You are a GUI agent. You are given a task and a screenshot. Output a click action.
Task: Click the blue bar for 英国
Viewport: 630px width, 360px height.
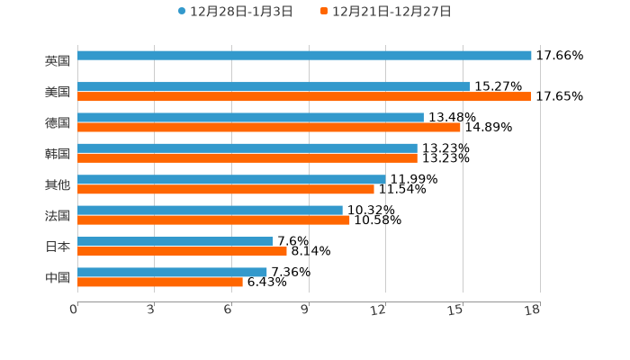304,56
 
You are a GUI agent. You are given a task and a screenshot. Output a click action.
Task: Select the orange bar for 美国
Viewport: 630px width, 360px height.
304,96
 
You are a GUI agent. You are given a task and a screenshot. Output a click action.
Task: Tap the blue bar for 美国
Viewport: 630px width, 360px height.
274,86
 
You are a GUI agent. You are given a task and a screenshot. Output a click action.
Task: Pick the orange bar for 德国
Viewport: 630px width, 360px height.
269,127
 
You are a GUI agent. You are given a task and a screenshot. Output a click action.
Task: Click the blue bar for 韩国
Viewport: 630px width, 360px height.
247,148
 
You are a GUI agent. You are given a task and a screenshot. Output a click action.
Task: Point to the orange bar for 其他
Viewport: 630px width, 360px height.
226,189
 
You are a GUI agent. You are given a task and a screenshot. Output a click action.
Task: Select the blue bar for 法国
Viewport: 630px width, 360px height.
210,210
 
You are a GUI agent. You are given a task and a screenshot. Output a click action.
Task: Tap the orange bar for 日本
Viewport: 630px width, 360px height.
182,251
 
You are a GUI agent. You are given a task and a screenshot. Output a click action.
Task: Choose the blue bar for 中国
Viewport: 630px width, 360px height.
172,272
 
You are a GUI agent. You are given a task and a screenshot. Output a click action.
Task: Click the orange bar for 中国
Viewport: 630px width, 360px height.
160,282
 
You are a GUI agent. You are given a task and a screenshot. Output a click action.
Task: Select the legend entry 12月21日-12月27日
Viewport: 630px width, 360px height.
385,12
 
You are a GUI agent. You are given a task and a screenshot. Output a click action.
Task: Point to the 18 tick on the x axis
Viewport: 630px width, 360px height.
533,310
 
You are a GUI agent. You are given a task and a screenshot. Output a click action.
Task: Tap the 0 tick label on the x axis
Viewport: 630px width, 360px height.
75,310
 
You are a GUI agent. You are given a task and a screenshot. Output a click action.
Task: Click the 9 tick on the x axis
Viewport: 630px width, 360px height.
304,310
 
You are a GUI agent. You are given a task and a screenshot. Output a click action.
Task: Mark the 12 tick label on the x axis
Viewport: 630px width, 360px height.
379,310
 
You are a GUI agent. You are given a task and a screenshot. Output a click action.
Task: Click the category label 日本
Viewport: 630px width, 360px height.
58,246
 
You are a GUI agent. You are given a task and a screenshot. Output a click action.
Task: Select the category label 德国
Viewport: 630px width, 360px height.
58,122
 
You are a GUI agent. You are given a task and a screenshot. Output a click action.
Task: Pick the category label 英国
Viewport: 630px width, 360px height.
58,60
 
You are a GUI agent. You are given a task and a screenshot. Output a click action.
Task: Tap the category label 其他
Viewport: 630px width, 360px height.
58,184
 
